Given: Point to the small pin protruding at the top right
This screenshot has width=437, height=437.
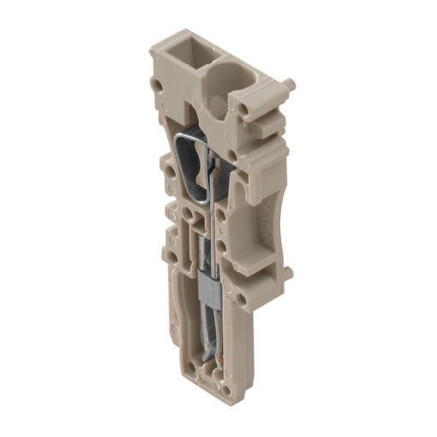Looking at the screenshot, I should tap(289, 86).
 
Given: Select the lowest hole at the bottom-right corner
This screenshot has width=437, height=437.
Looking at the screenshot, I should tap(228, 391).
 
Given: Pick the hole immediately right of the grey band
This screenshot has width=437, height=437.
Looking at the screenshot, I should tap(240, 300).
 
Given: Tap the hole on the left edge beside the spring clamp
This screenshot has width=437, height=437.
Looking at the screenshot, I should tap(170, 169).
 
